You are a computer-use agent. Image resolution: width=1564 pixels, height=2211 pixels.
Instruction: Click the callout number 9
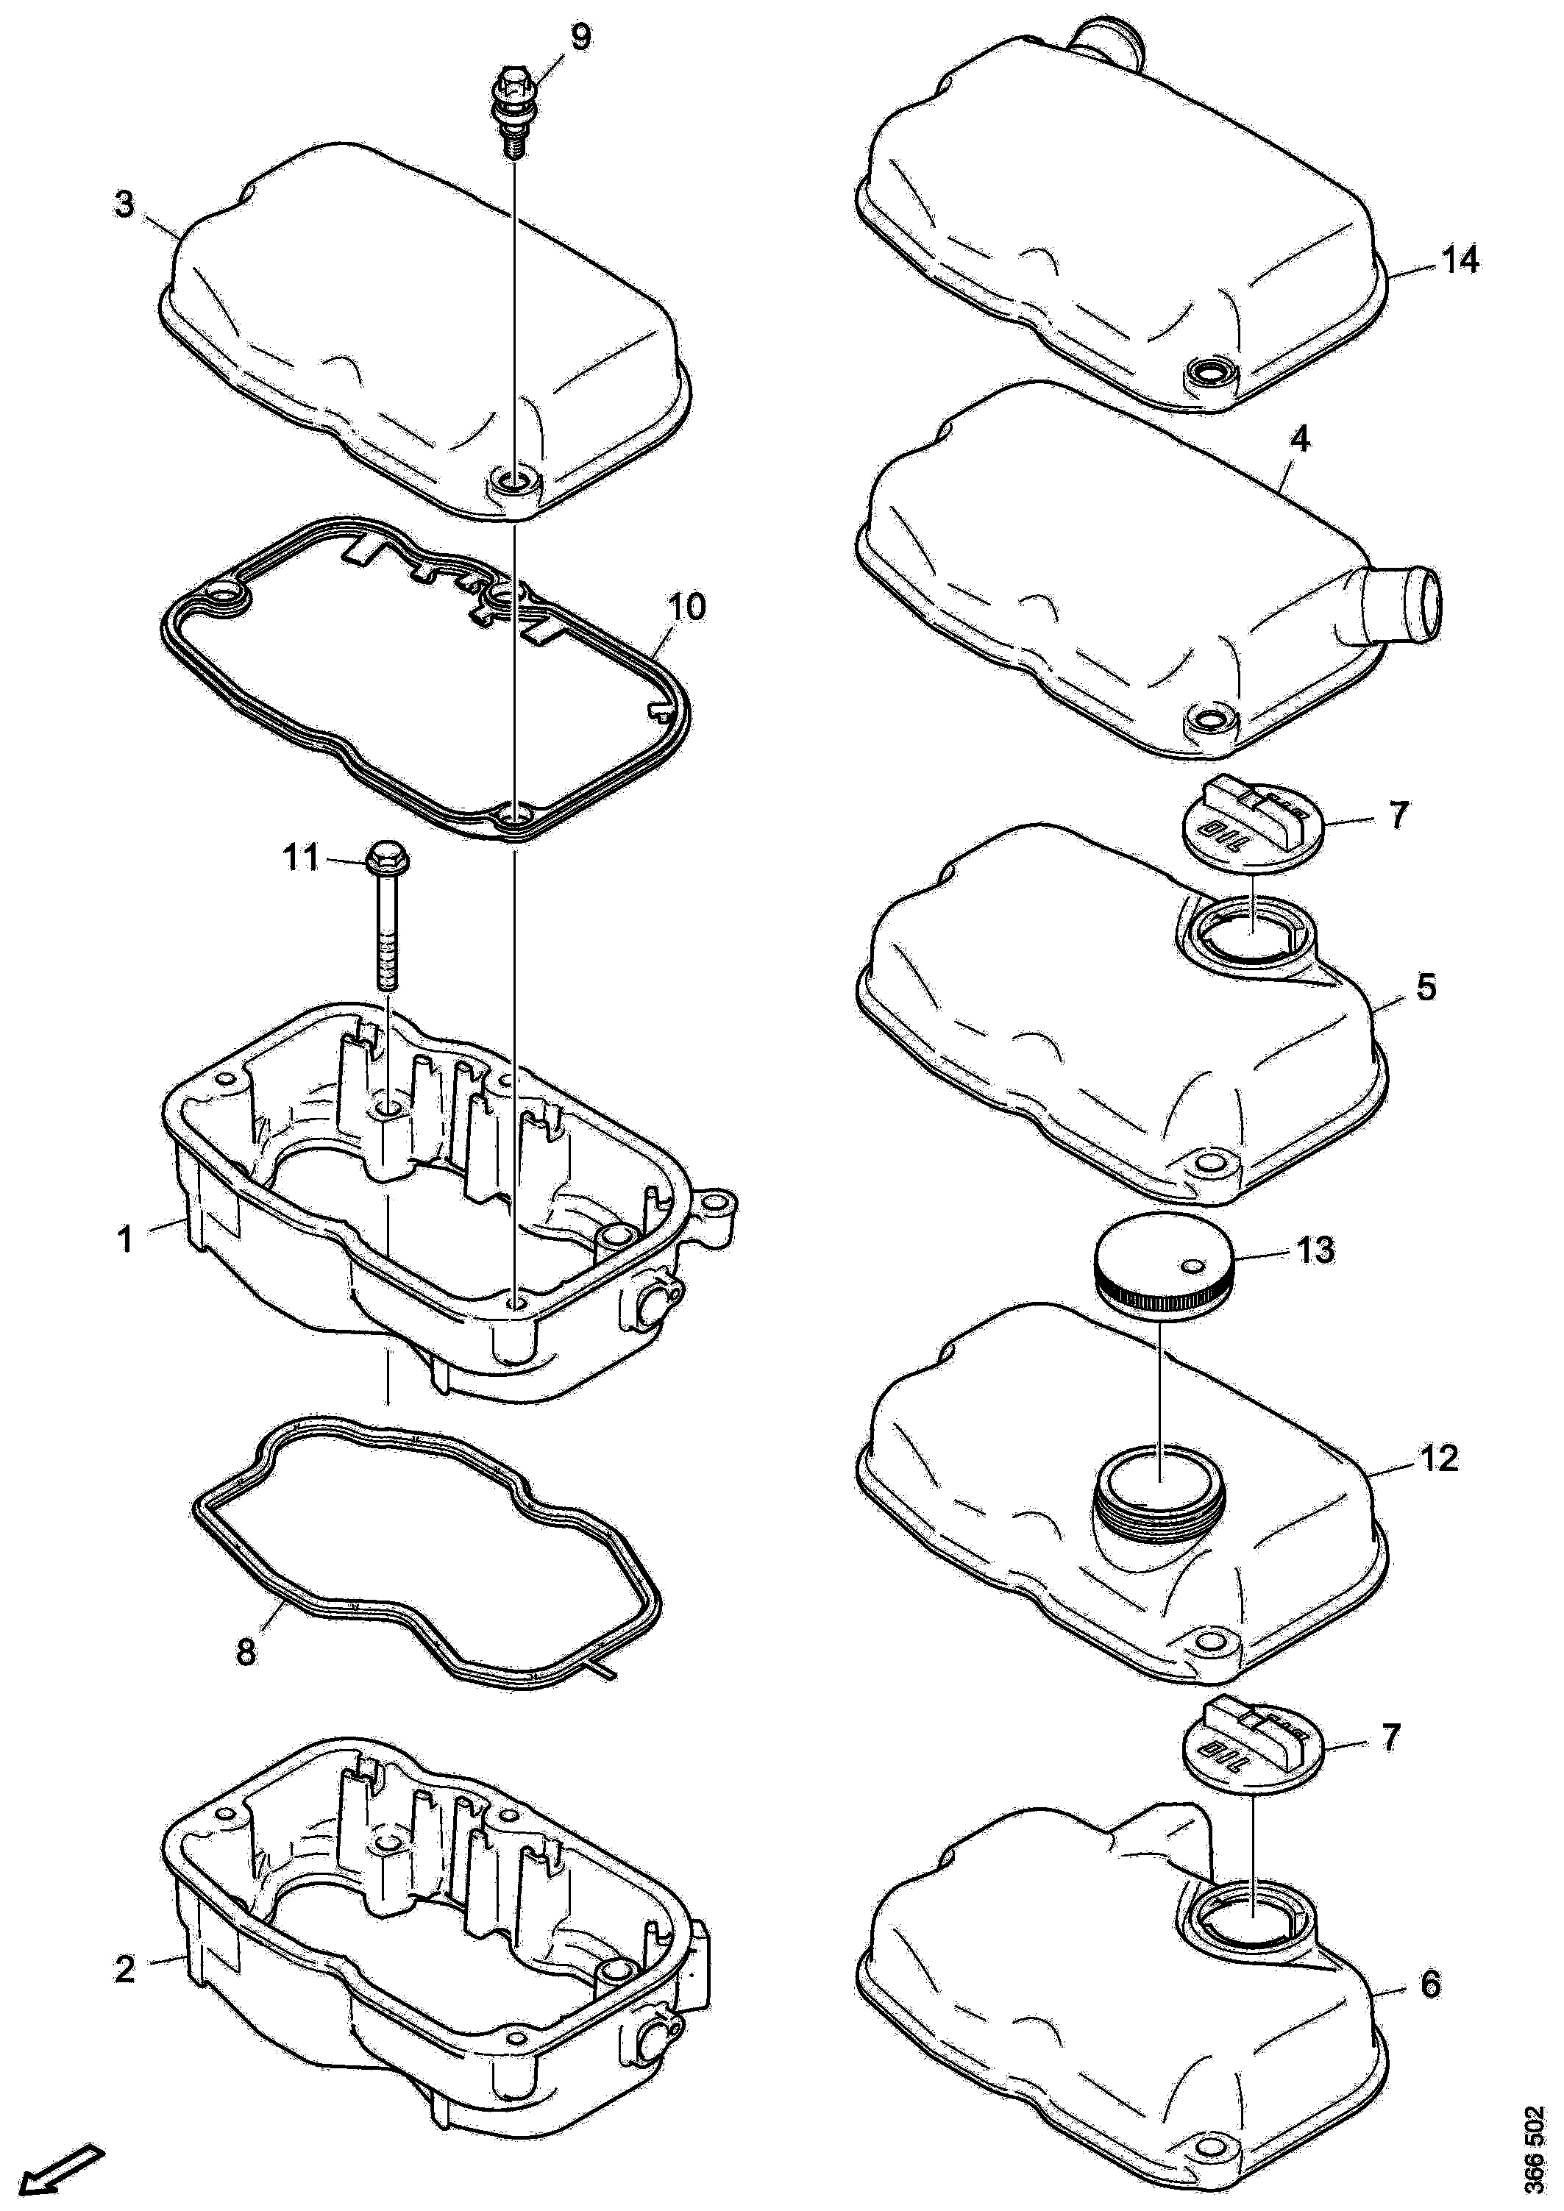[x=580, y=38]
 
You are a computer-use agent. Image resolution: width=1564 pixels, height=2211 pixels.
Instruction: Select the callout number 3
[x=125, y=205]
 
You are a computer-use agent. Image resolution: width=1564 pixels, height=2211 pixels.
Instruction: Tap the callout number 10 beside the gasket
[x=686, y=607]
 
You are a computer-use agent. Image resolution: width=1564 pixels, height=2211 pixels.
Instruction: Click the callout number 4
[x=1299, y=440]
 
